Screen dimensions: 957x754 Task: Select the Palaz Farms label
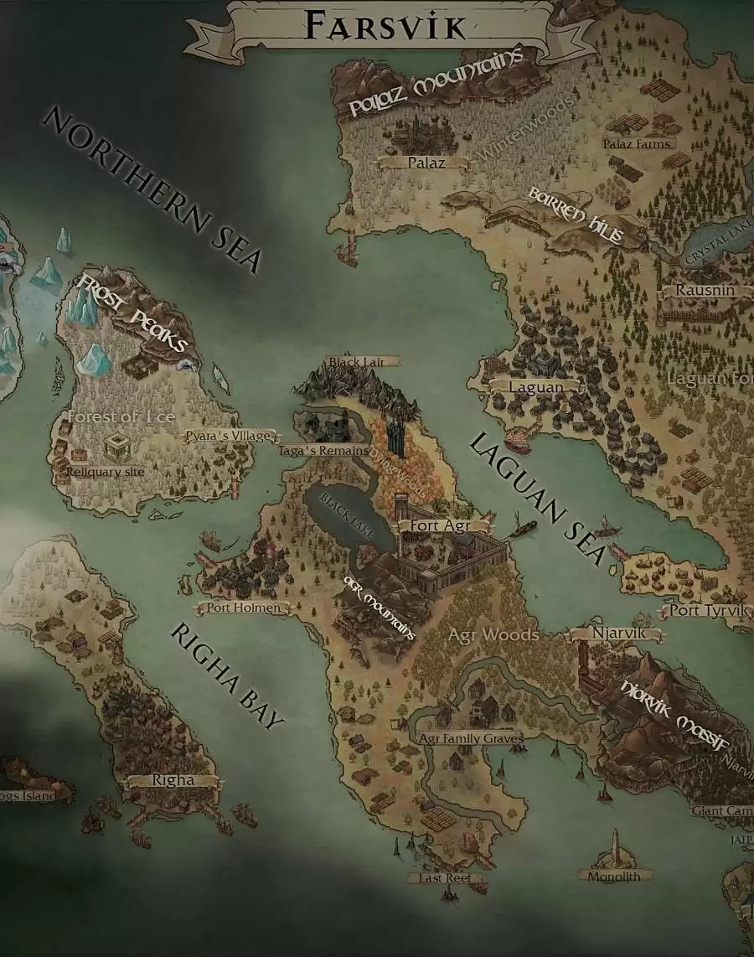[x=637, y=144]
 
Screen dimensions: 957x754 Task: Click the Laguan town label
[x=536, y=387]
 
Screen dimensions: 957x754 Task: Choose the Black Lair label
[x=358, y=362]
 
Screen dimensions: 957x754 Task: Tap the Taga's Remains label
[x=323, y=451]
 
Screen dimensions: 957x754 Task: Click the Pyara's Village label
[x=229, y=437]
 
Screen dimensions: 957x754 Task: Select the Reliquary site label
[x=106, y=472]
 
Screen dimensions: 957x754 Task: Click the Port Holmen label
[x=242, y=608]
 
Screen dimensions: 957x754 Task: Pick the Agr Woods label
[x=493, y=634]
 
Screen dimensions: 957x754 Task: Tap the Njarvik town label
[x=617, y=633]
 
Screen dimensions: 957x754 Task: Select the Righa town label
[x=173, y=780]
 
